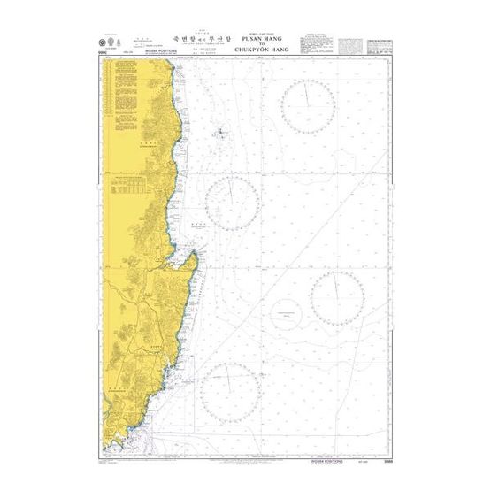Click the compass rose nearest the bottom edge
[230, 389]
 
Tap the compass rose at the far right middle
[336, 298]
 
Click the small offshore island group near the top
[219, 134]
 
